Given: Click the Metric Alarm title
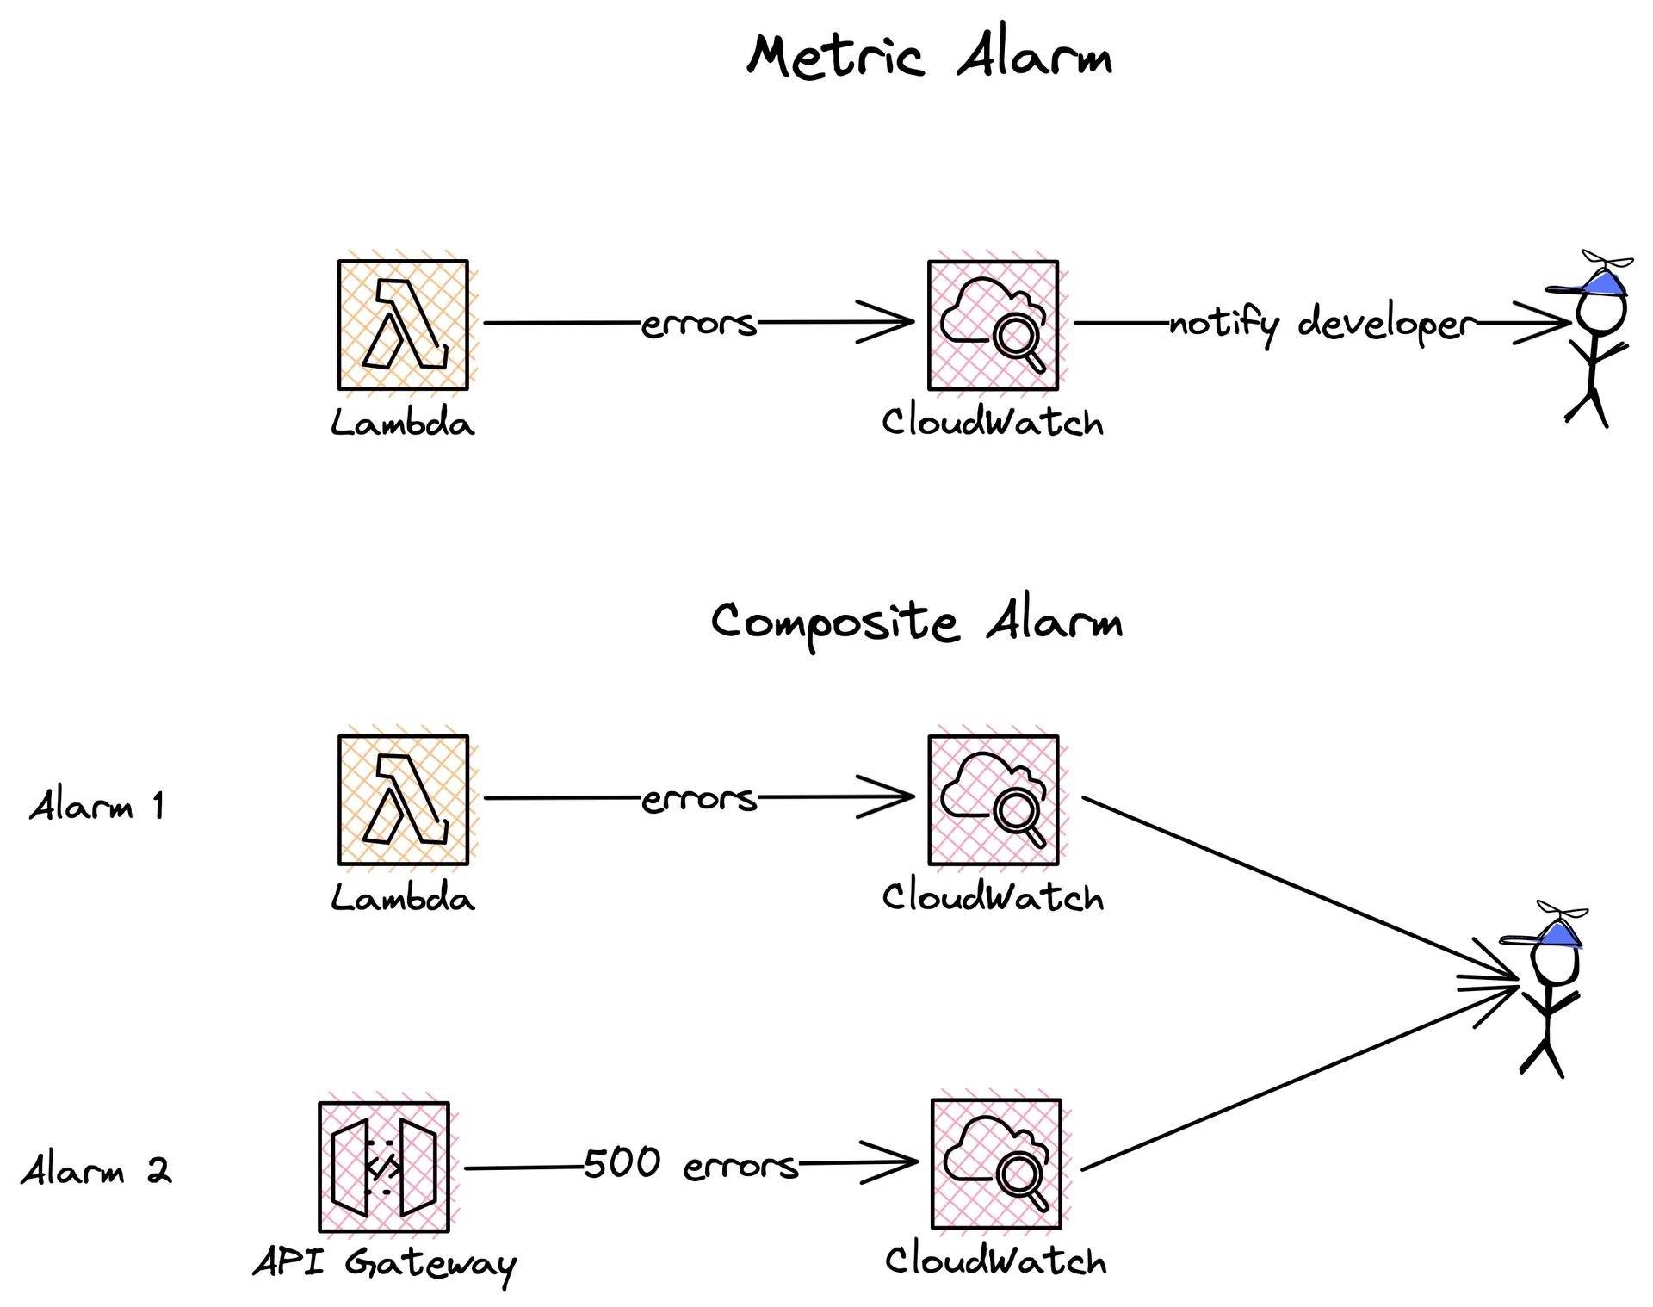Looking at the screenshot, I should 930,57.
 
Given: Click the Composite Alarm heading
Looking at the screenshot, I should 917,622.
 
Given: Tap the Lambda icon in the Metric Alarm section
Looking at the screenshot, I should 403,325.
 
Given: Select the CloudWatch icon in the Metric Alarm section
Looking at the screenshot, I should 993,325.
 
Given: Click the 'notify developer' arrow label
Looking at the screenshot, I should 1322,325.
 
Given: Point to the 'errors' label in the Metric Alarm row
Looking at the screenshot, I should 698,324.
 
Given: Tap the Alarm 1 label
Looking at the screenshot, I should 96,807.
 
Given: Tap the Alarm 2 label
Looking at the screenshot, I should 96,1171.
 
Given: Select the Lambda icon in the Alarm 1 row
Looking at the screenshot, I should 403,800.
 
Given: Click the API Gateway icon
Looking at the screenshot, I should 384,1167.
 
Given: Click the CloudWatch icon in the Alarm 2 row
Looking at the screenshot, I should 996,1164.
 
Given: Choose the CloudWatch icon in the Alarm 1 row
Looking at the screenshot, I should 993,800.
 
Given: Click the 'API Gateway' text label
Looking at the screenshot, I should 384,1264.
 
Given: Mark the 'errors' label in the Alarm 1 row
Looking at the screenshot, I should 698,799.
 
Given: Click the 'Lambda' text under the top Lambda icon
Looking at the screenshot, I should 403,424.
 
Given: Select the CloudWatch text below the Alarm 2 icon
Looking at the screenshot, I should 996,1261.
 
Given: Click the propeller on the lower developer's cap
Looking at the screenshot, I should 1562,911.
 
